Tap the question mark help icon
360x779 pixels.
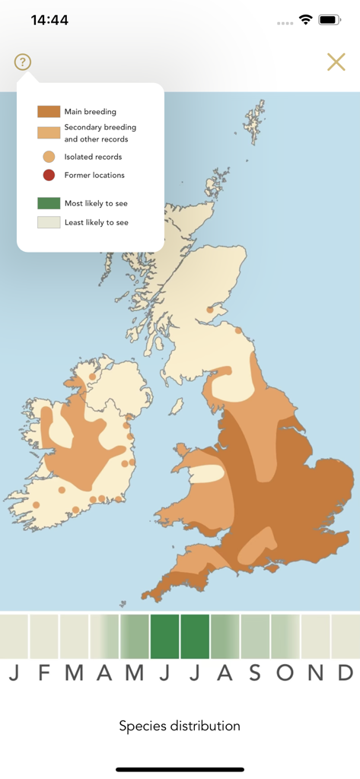click(22, 62)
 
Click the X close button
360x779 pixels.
click(336, 62)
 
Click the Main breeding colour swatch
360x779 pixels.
click(49, 112)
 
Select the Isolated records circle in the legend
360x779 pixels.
click(49, 157)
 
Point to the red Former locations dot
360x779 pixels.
click(49, 175)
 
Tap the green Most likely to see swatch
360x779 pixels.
click(49, 203)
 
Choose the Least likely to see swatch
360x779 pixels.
click(49, 222)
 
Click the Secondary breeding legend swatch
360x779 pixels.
click(49, 133)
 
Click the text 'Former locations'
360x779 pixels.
click(94, 175)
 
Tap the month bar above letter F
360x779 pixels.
click(44, 636)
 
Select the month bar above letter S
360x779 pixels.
click(255, 636)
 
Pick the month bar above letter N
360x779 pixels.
click(315, 636)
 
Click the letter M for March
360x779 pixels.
click(74, 672)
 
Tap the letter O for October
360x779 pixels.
click(285, 672)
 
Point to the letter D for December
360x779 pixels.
click(346, 672)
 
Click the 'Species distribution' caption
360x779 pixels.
click(180, 726)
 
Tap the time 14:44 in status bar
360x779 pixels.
click(50, 21)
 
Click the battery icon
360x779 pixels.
click(330, 20)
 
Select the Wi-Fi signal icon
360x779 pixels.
click(306, 20)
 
